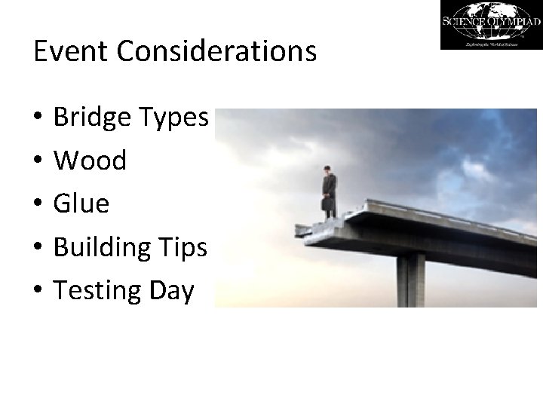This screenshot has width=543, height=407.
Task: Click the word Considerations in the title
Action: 213,51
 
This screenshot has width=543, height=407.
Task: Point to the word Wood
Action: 90,161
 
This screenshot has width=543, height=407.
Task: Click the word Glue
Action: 81,203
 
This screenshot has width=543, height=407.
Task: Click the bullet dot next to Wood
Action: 38,161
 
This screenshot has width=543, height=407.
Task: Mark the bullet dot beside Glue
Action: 38,204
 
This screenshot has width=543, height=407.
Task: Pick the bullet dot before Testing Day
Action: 38,291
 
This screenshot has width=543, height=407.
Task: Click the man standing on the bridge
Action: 328,192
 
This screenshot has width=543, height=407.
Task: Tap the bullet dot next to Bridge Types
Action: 38,118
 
